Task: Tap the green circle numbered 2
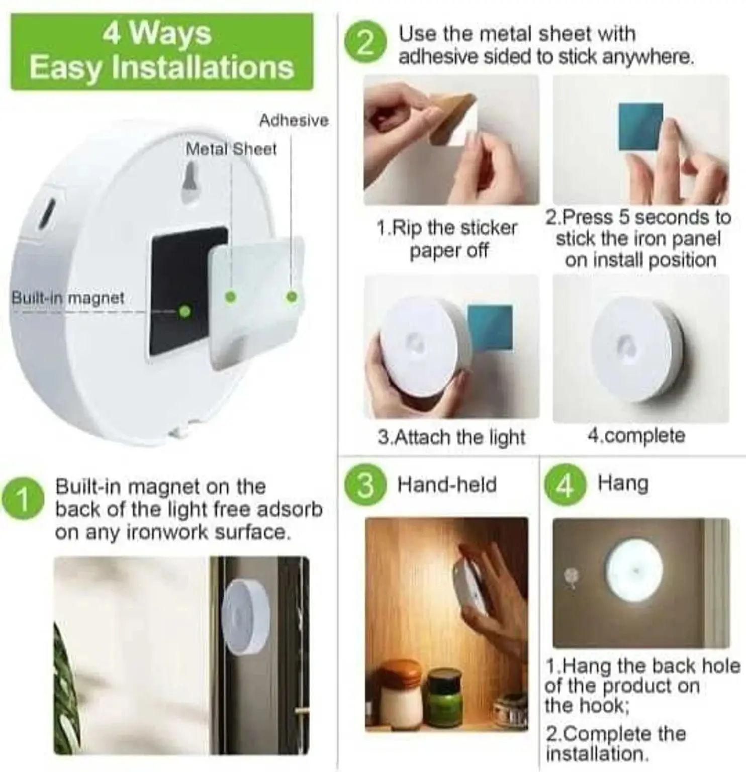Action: coord(365,45)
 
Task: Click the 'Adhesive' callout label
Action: coord(294,121)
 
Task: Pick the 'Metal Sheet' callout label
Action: coord(231,149)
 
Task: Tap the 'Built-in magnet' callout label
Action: coord(68,298)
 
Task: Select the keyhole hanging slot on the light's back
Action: coord(191,183)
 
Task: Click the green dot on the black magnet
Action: coord(184,311)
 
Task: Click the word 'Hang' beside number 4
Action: coord(623,484)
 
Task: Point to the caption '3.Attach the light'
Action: coord(451,437)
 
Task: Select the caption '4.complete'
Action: coord(636,435)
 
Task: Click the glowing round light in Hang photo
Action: coord(634,570)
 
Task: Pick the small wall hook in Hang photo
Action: coord(572,575)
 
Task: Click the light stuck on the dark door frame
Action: coord(245,618)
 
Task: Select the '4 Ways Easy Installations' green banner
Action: coord(161,52)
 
